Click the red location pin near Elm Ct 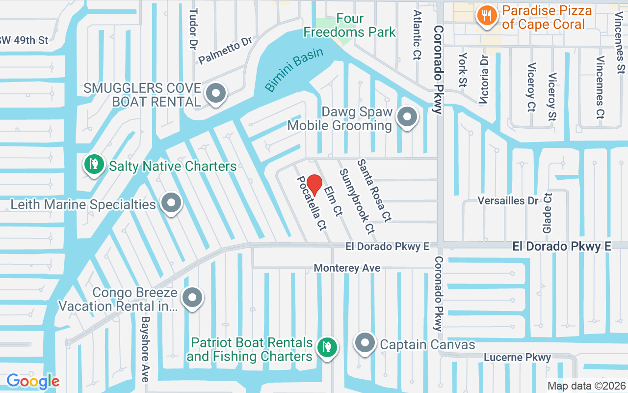click(314, 185)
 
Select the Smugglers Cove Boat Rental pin click(215, 93)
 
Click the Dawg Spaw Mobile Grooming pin click(406, 117)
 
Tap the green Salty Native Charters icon click(93, 164)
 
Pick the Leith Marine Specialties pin click(171, 202)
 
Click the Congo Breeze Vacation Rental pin click(192, 297)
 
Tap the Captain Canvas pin click(365, 343)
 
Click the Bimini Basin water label click(294, 69)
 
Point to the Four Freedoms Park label click(349, 26)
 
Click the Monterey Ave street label click(347, 268)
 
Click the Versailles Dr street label click(508, 200)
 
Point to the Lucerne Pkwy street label click(517, 358)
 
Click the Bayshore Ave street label click(145, 349)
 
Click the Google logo click(33, 381)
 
